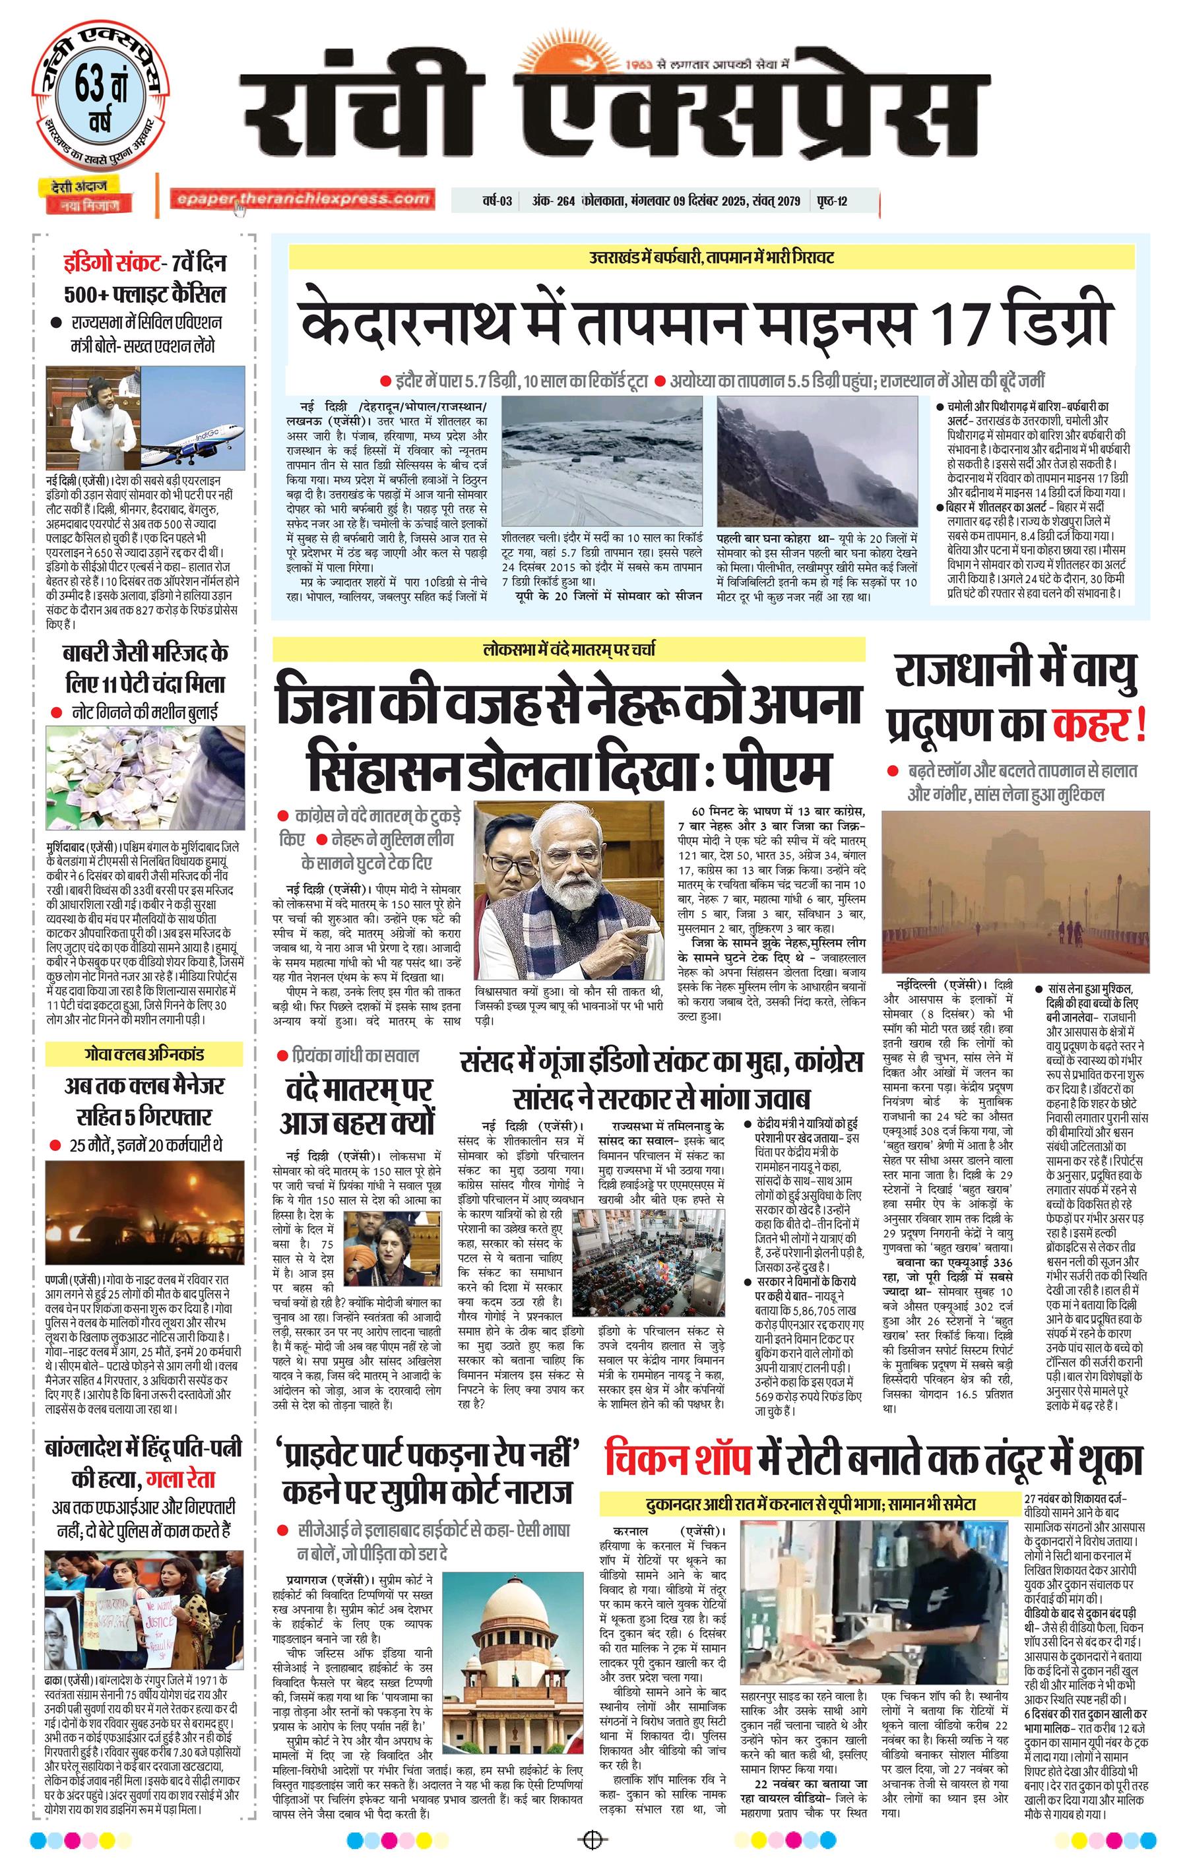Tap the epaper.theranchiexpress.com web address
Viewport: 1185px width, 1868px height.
coord(303,199)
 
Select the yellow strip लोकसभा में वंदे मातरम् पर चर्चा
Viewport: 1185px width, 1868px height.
coord(568,649)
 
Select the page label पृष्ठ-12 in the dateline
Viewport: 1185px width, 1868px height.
coord(831,202)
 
